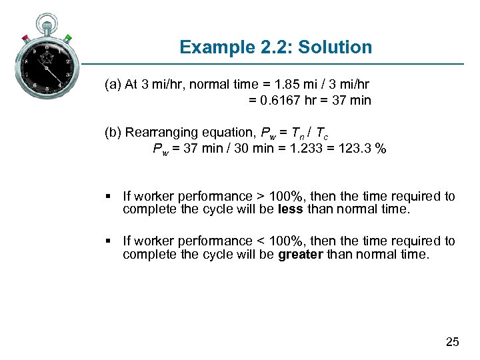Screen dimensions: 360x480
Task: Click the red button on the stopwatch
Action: (x=25, y=37)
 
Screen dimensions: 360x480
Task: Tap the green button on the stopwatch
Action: (x=68, y=37)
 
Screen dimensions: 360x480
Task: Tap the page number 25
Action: (x=452, y=342)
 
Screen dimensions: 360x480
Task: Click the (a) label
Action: (x=113, y=85)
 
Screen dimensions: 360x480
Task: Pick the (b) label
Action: (x=113, y=132)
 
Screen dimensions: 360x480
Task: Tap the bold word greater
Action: (x=301, y=253)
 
